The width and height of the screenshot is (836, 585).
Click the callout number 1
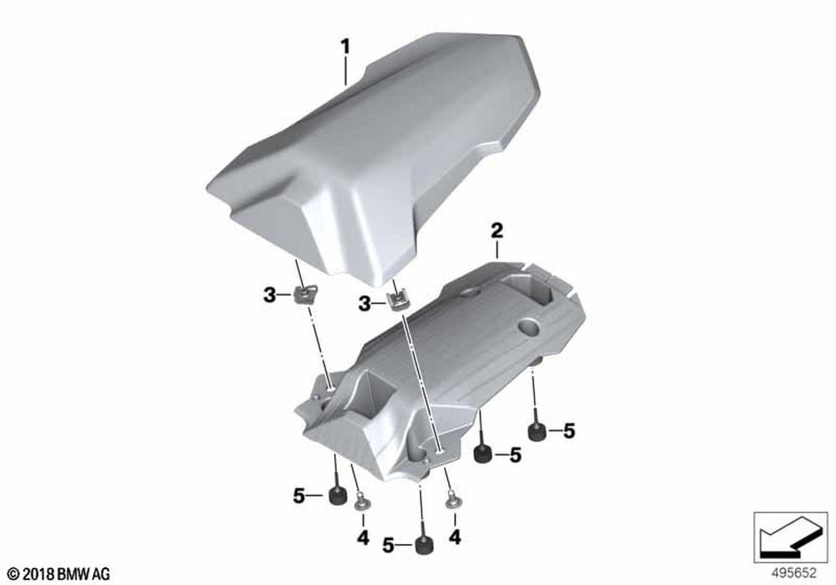pos(345,47)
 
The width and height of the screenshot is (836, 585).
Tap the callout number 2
pos(497,231)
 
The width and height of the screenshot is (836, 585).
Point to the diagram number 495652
pos(794,573)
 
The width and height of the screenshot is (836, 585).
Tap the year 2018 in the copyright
pos(38,574)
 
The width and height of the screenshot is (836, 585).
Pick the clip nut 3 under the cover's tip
pos(395,302)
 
